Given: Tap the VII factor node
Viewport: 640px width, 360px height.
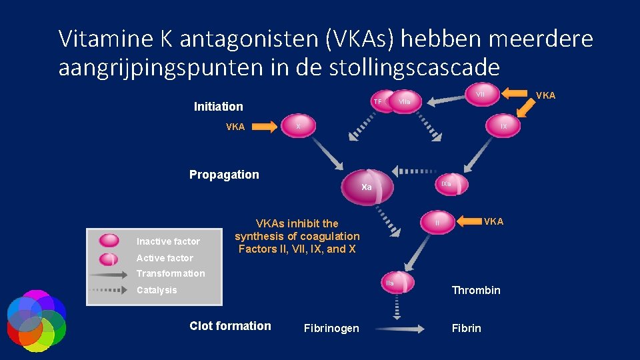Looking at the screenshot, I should click(x=479, y=95).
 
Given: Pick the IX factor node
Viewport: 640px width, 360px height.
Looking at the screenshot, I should click(x=503, y=126).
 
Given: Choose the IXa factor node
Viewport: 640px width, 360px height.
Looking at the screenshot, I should click(x=447, y=184).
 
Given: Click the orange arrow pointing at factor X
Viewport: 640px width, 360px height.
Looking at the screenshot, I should click(x=265, y=127).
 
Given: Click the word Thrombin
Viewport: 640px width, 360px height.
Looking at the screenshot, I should click(x=476, y=290).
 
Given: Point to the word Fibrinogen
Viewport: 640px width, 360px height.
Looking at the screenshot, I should click(x=331, y=328).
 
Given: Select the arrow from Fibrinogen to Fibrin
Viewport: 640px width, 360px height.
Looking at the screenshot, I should click(x=398, y=328).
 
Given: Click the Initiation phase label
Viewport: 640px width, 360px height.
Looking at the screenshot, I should click(x=218, y=106).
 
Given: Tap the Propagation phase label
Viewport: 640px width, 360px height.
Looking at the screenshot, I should click(x=224, y=175).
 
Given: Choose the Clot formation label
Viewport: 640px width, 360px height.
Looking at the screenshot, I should click(x=230, y=326).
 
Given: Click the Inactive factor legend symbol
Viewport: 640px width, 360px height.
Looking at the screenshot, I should click(x=109, y=241).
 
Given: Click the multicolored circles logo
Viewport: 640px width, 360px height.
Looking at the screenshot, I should click(x=36, y=320).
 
